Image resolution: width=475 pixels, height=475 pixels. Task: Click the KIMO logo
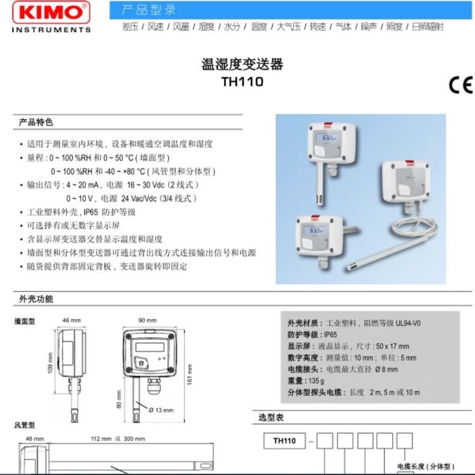point(51,13)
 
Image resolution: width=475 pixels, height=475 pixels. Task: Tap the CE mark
point(460,86)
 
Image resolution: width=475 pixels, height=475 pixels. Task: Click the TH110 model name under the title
point(242,82)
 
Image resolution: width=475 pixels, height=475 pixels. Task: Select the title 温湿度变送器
point(242,65)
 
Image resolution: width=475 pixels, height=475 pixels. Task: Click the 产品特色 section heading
point(36,122)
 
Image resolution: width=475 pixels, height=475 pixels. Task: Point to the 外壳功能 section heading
point(36,299)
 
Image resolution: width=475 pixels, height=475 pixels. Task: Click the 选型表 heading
point(271,417)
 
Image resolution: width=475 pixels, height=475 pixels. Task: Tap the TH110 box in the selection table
point(284,440)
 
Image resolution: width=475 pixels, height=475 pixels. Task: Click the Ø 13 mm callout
point(161,410)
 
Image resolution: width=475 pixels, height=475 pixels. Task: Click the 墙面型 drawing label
point(25,321)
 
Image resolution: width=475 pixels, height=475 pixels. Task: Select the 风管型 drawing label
point(25,424)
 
